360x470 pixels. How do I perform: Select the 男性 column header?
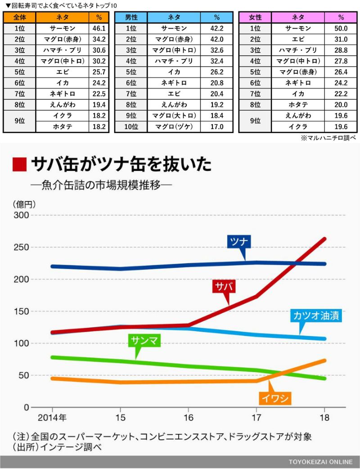pos(131,18)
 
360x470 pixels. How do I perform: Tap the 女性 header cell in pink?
pos(256,18)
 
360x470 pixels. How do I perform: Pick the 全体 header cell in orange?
pos(19,18)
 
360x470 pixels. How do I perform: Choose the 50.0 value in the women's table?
pos(341,28)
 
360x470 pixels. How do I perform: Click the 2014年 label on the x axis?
pos(52,417)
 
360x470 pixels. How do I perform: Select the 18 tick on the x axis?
pos(324,417)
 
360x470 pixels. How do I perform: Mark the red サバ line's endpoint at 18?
pos(324,239)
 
